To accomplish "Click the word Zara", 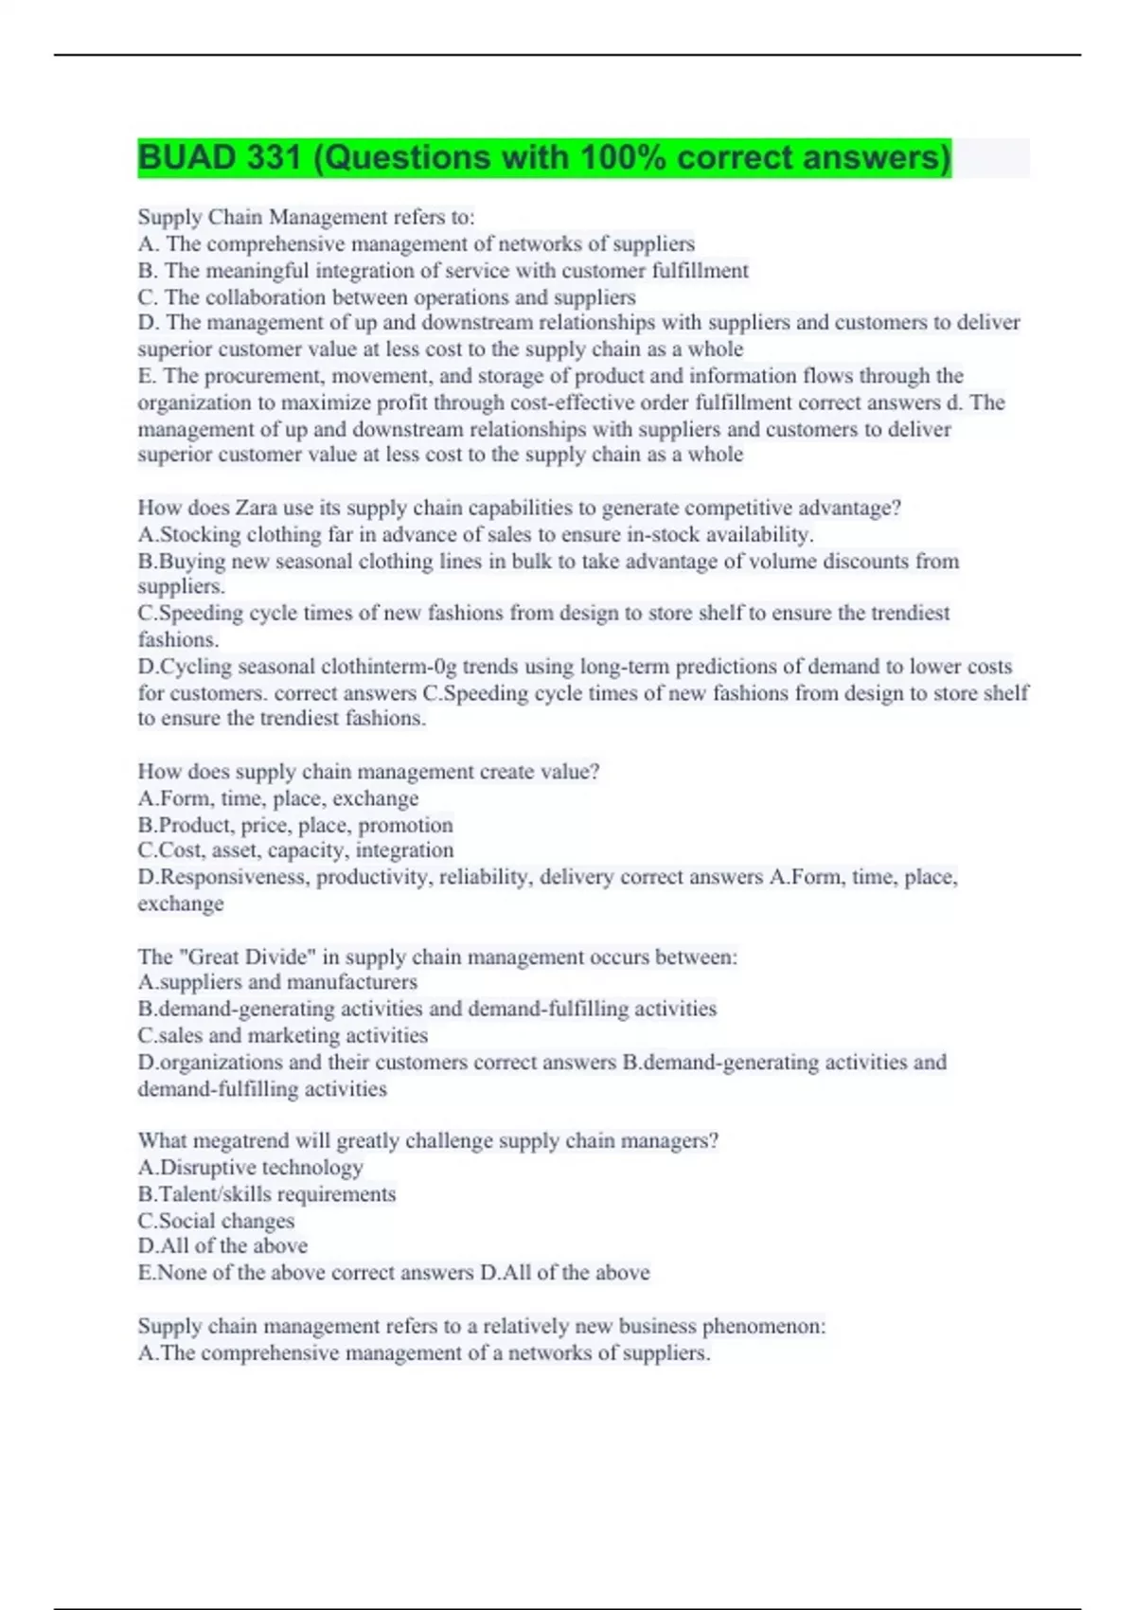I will pyautogui.click(x=257, y=508).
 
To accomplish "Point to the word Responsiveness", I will pyautogui.click(x=234, y=877).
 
